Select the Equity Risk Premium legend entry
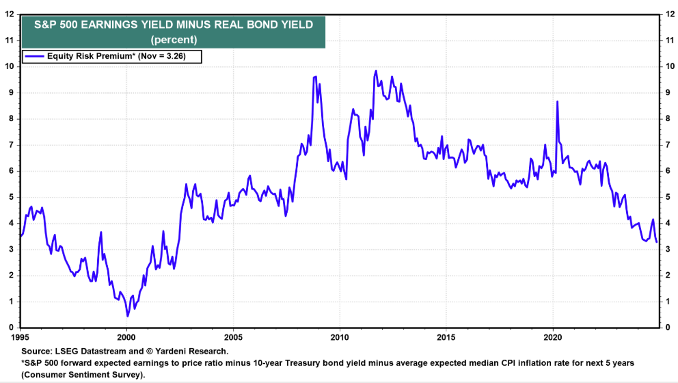point(113,57)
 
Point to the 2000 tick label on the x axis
point(126,337)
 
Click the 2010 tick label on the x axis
point(340,337)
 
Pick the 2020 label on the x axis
point(553,337)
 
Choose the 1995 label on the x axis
point(21,337)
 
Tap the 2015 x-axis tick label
point(446,337)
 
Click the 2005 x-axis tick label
point(233,337)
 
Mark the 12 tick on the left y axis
point(8,14)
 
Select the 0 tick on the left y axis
point(11,327)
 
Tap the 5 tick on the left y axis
point(11,197)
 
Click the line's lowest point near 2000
point(127,316)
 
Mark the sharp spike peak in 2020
point(558,101)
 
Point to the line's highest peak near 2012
point(376,70)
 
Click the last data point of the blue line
point(657,242)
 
